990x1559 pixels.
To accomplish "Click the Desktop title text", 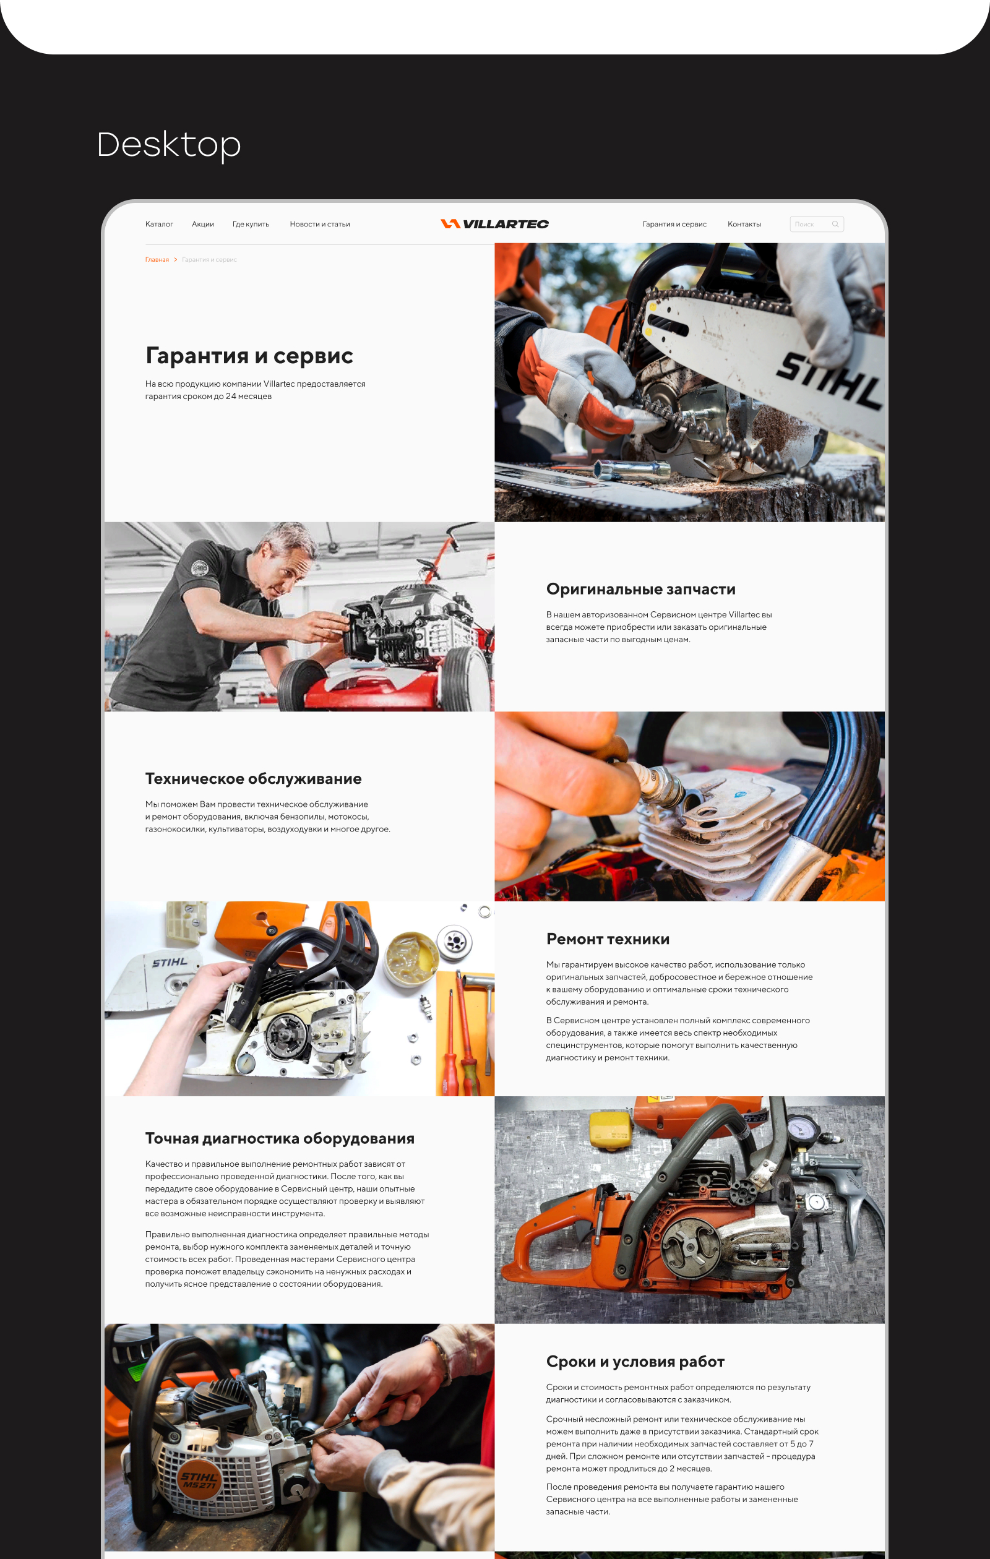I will [168, 144].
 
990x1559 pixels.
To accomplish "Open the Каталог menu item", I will [158, 224].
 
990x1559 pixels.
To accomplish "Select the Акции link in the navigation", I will [203, 224].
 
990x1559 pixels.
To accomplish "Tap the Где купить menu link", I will [251, 224].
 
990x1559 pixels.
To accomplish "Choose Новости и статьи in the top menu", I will [320, 224].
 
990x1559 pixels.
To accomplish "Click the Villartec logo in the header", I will [494, 224].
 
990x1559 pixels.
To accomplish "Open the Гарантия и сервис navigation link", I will [674, 224].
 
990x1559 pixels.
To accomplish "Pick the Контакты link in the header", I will [744, 224].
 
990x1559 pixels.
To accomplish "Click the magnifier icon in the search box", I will [835, 224].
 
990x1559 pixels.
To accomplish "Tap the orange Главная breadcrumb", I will [157, 260].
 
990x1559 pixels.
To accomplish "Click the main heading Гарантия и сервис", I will [249, 356].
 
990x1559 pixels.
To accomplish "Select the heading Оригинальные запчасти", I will [640, 589].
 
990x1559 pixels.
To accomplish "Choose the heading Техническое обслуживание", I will [253, 779].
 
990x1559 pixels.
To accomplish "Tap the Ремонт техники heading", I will [608, 938].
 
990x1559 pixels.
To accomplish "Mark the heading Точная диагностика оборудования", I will [280, 1138].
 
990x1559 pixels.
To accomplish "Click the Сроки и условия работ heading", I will [635, 1362].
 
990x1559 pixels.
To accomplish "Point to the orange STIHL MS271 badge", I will [199, 1480].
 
